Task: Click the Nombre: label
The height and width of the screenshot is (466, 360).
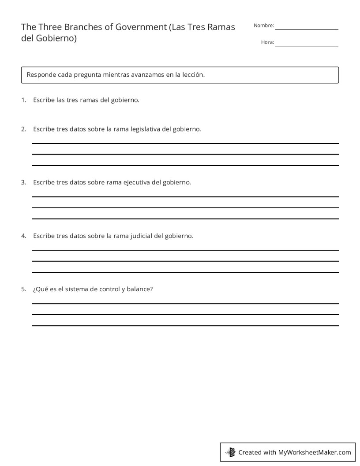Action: point(264,26)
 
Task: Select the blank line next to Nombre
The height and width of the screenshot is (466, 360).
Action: point(307,29)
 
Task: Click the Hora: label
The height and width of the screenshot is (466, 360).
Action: point(267,42)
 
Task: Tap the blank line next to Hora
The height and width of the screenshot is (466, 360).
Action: point(307,45)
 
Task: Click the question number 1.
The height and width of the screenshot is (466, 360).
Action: point(23,100)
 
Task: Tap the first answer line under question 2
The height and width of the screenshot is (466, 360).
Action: point(185,143)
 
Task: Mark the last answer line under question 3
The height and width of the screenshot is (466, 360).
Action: point(185,219)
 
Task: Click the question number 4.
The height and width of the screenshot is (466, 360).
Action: point(23,236)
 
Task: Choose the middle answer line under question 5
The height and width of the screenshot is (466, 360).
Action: point(185,315)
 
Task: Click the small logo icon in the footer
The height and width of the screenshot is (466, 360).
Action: point(230,452)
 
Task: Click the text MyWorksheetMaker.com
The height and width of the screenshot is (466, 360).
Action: point(315,452)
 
